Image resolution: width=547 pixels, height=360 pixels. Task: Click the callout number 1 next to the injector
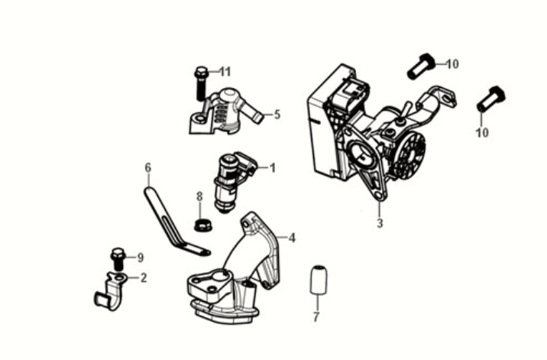point(272,167)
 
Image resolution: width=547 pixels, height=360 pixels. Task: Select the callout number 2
point(143,277)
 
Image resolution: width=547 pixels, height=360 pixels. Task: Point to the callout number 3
point(379,224)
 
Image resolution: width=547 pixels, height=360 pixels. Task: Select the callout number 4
point(292,238)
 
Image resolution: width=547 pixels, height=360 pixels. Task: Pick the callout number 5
point(277,115)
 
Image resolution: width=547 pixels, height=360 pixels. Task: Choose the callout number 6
point(148,167)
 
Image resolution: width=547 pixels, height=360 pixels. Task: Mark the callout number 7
point(316,316)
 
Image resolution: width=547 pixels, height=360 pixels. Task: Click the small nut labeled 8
point(202,225)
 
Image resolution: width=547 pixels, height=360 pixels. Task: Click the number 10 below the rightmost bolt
point(481,132)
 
